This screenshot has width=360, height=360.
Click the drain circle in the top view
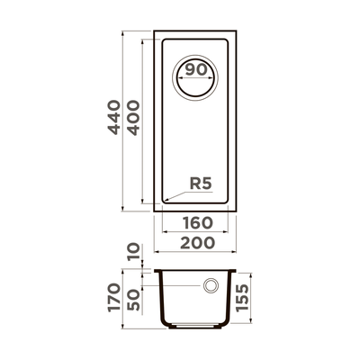[x=197, y=75]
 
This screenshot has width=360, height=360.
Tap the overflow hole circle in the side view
[x=211, y=286]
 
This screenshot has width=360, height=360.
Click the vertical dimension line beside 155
[x=244, y=298]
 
